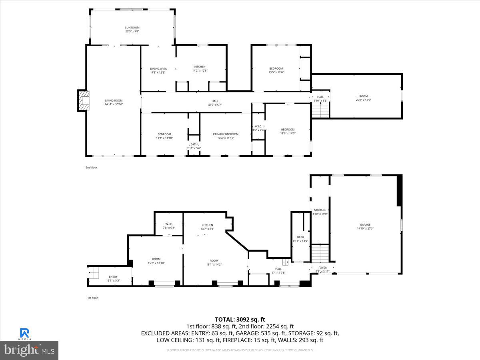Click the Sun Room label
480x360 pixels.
(132, 28)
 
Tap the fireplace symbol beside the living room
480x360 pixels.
(83, 100)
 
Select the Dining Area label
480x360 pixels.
(158, 69)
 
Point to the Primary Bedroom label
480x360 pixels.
(226, 134)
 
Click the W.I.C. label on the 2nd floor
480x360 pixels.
(258, 126)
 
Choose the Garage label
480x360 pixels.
(365, 225)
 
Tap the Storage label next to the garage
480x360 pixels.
(320, 210)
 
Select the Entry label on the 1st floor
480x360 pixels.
(113, 277)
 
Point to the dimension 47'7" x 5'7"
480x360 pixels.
(215, 105)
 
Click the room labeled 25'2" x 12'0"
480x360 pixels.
(363, 98)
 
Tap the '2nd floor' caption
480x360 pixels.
(91, 168)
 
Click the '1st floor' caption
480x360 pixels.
(92, 298)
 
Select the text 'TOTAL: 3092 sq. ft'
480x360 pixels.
(240, 319)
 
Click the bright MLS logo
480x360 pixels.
(29, 350)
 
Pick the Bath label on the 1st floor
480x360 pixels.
(300, 237)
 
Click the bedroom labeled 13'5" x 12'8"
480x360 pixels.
(276, 68)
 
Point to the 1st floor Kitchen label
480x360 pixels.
(207, 225)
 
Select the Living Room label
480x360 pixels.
(114, 100)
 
